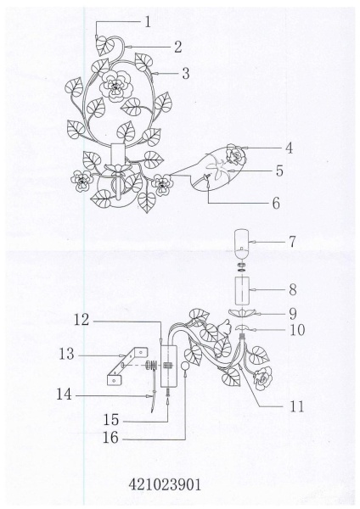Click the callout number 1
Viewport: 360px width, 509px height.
(x=148, y=22)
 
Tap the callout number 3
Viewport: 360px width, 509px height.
(x=186, y=73)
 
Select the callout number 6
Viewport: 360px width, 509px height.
(x=276, y=204)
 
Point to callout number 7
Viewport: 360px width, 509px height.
(x=292, y=242)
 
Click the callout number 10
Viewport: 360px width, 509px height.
(x=297, y=330)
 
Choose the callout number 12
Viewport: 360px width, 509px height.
(x=82, y=320)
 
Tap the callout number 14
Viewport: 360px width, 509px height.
(x=64, y=394)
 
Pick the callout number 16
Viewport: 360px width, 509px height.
(x=110, y=438)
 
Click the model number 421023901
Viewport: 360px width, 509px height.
(x=165, y=485)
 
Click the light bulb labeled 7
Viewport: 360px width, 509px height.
(x=242, y=241)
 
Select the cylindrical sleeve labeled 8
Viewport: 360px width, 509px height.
(x=242, y=291)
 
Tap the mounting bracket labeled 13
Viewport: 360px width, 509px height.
(x=127, y=366)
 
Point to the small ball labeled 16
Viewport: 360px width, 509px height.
(x=185, y=366)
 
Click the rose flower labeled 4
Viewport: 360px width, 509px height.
(x=236, y=155)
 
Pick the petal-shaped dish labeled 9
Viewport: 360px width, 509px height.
(x=242, y=312)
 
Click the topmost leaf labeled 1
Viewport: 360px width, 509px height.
(x=105, y=46)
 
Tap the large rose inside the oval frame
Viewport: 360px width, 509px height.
(x=115, y=86)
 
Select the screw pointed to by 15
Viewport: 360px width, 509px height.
(x=167, y=392)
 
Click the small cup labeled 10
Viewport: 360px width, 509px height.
(x=242, y=327)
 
